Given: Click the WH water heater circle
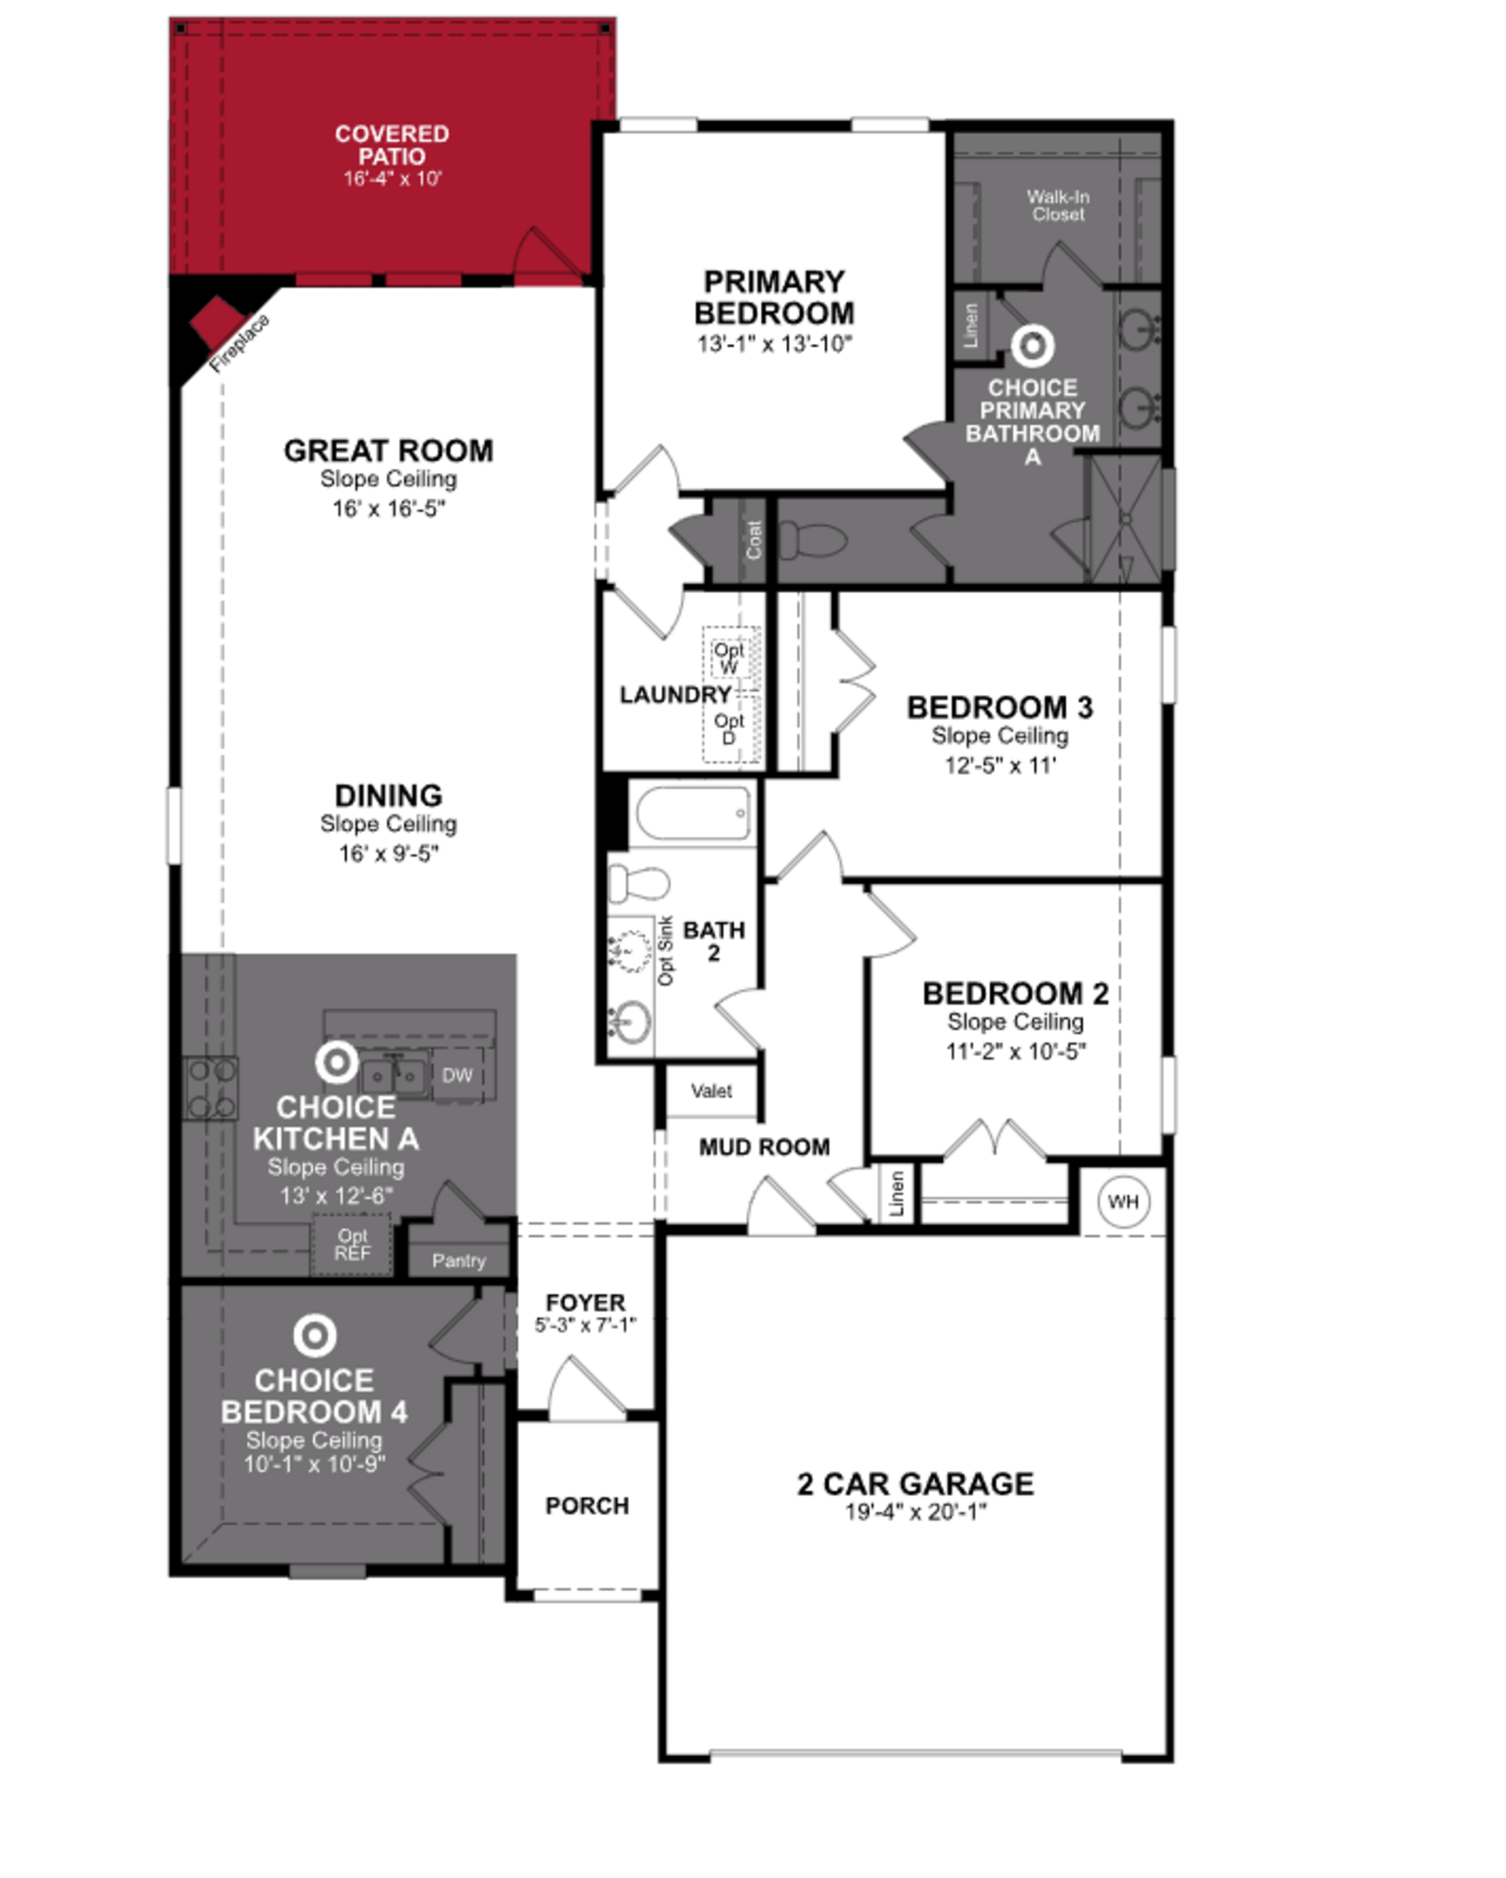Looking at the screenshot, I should coord(1123,1202).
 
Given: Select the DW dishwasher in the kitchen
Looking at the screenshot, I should coord(457,1076).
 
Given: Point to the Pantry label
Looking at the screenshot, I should coord(458,1260).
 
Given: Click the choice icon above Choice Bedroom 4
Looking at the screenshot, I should coord(315,1335).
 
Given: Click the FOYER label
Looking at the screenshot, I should coord(585,1302).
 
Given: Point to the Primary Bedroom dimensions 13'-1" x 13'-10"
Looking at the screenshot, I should coord(773,344).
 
